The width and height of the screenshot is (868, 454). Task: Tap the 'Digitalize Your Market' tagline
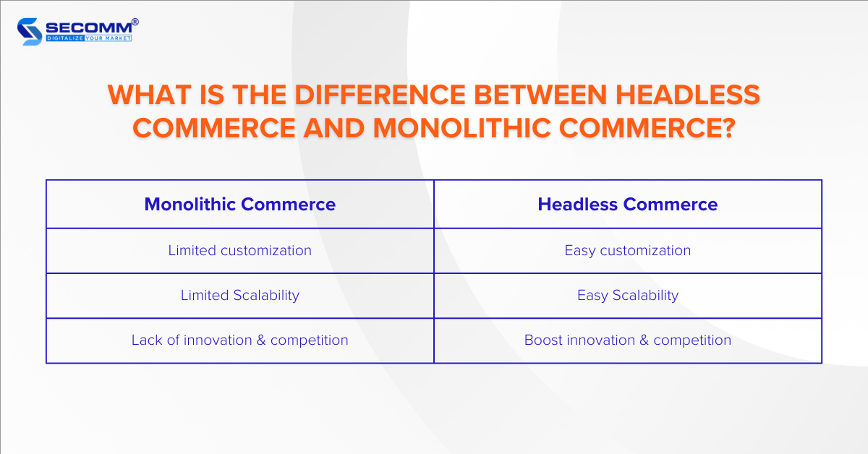(89, 38)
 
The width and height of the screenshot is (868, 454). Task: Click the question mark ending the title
(726, 127)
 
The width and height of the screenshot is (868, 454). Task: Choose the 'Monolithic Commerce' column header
(240, 205)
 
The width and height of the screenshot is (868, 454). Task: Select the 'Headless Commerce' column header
(628, 205)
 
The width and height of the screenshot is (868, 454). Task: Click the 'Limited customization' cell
(240, 251)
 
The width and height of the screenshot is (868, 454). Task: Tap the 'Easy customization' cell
(628, 251)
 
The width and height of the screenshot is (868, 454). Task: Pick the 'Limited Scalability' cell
(240, 295)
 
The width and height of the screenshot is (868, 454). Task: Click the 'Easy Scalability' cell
(628, 295)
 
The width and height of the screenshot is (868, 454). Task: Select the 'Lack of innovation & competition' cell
(240, 340)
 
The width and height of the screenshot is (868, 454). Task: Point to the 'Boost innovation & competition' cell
(628, 340)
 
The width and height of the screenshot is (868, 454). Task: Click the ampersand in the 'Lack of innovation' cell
(261, 340)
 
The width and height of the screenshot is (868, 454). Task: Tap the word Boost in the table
(543, 340)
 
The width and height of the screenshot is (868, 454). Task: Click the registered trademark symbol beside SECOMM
(135, 22)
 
